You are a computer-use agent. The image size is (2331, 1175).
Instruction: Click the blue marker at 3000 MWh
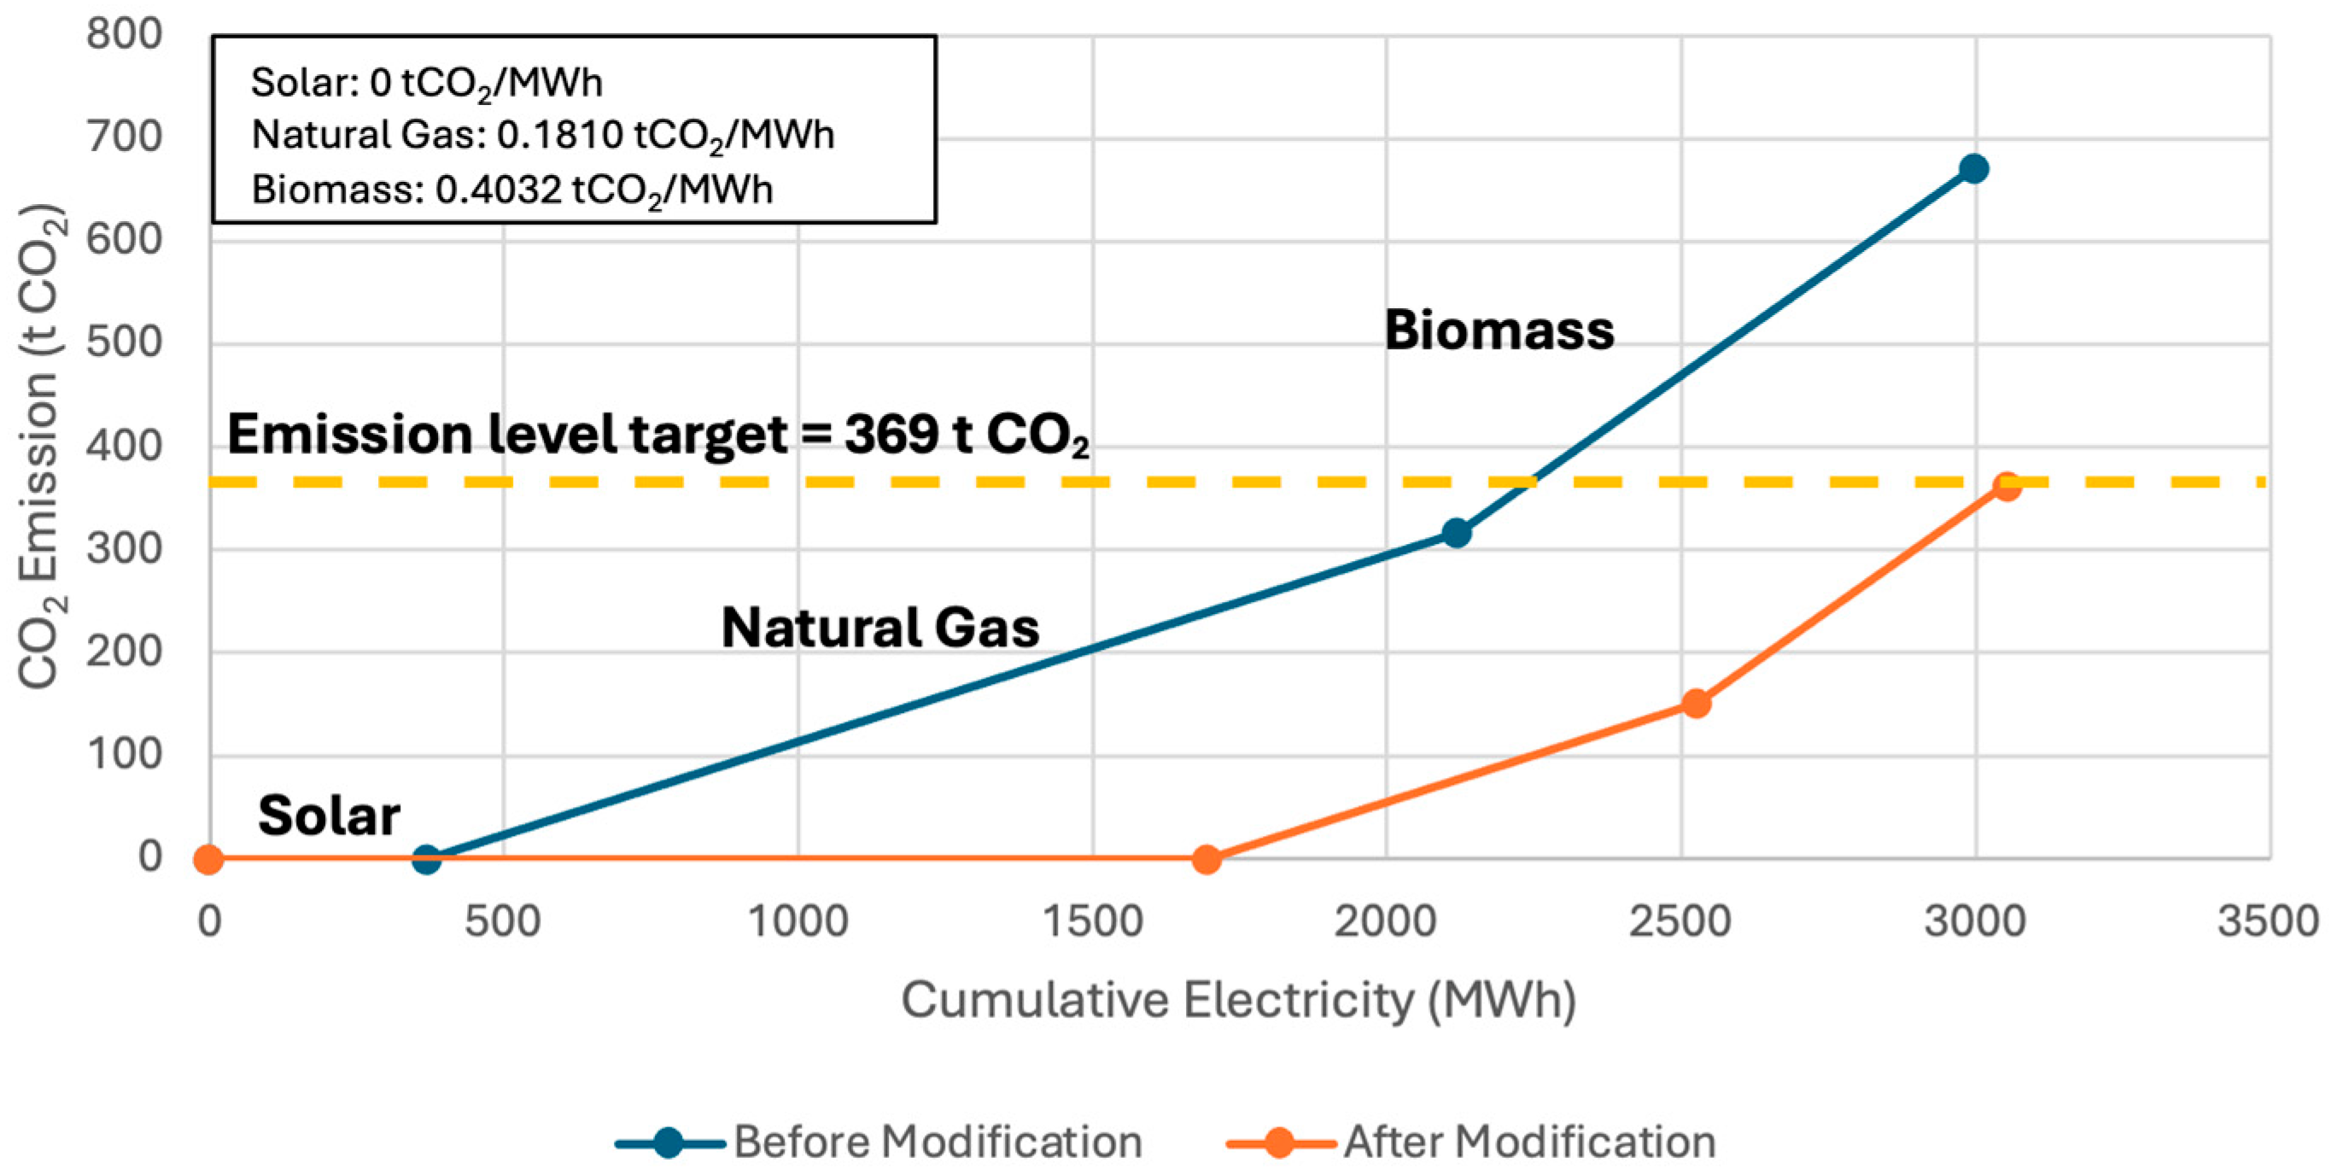[x=1973, y=169]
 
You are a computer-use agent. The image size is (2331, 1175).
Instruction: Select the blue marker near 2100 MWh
[x=1456, y=533]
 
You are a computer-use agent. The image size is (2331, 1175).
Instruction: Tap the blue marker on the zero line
[x=426, y=858]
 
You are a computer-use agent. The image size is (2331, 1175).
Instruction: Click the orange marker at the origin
[x=209, y=858]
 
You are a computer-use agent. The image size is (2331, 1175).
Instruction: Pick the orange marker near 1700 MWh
[x=1206, y=858]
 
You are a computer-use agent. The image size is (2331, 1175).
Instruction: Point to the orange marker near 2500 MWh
[x=1697, y=704]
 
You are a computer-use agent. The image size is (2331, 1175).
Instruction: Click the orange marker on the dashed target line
[x=2007, y=486]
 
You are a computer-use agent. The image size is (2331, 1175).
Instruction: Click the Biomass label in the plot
[x=1498, y=330]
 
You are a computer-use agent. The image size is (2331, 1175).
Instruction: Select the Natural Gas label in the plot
[x=879, y=628]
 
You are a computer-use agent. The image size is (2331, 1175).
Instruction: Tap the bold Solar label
[x=329, y=815]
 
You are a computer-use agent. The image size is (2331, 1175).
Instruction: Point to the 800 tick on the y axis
[x=124, y=35]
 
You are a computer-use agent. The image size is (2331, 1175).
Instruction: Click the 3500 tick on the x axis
[x=2268, y=922]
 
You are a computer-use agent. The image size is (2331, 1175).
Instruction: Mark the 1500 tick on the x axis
[x=1092, y=922]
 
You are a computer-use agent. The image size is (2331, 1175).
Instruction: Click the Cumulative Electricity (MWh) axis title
[x=1238, y=1001]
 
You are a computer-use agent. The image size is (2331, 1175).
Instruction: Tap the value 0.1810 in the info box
[x=560, y=136]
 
